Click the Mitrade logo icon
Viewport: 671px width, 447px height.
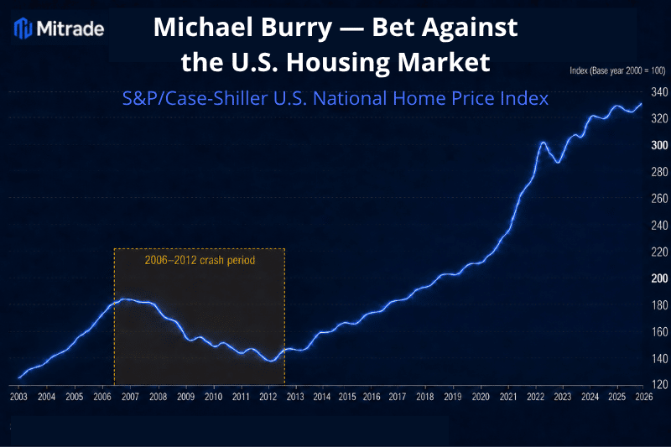[23, 29]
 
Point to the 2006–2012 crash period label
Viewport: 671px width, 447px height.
[200, 260]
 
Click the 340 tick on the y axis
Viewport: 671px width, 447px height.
[659, 92]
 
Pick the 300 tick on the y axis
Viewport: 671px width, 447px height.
[659, 145]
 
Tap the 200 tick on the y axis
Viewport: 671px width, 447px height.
[659, 278]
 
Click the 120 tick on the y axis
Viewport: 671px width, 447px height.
[659, 384]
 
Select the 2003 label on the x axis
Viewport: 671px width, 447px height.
[18, 397]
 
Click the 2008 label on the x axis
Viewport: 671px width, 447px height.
[158, 397]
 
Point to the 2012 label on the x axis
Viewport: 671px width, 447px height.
[268, 397]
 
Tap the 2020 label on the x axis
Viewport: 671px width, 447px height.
[481, 397]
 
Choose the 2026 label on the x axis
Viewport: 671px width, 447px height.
[644, 397]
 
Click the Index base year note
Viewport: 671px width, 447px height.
[617, 70]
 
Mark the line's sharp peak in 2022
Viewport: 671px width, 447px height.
[543, 143]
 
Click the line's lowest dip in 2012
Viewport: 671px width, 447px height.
[271, 361]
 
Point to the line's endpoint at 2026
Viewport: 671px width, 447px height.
[642, 103]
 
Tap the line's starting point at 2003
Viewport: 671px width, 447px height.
[18, 377]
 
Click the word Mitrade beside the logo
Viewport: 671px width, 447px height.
[70, 29]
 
